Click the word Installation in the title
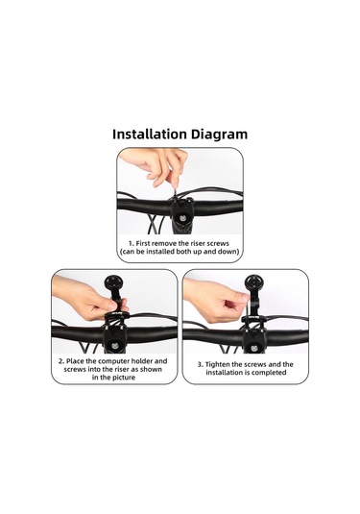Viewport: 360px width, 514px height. click(149, 135)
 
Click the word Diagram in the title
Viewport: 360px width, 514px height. click(219, 135)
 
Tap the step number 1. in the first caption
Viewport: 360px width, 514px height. click(131, 244)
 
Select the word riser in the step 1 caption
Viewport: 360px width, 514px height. click(198, 244)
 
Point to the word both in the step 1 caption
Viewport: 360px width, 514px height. click(184, 252)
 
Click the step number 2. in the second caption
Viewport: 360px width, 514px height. click(61, 361)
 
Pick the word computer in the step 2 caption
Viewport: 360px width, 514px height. click(113, 361)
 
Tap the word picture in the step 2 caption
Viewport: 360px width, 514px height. click(123, 378)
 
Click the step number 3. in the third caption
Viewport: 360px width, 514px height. click(200, 364)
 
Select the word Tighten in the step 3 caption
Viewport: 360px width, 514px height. click(217, 364)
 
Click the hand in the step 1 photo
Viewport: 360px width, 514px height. click(155, 166)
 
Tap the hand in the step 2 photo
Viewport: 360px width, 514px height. click(86, 299)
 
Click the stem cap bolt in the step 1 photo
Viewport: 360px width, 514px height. click(181, 217)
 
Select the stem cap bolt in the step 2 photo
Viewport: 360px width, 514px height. click(114, 346)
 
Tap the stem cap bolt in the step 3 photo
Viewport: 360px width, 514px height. click(253, 348)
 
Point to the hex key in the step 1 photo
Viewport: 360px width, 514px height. click(176, 191)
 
